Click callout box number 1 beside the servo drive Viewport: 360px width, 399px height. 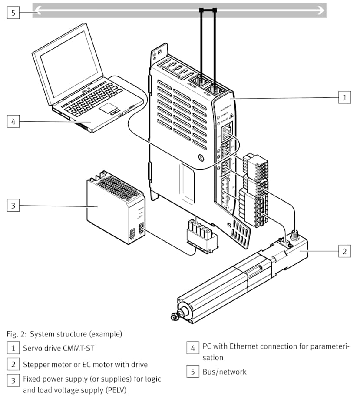[x=344, y=97]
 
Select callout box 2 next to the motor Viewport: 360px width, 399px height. [x=344, y=251]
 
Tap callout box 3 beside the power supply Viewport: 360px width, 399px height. [x=13, y=205]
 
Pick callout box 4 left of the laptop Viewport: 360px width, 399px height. [x=13, y=121]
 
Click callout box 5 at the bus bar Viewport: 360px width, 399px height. [x=13, y=13]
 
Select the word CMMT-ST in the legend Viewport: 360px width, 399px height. [x=79, y=348]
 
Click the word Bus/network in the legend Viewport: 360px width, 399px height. [x=224, y=372]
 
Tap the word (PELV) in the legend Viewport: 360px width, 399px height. [x=117, y=390]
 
